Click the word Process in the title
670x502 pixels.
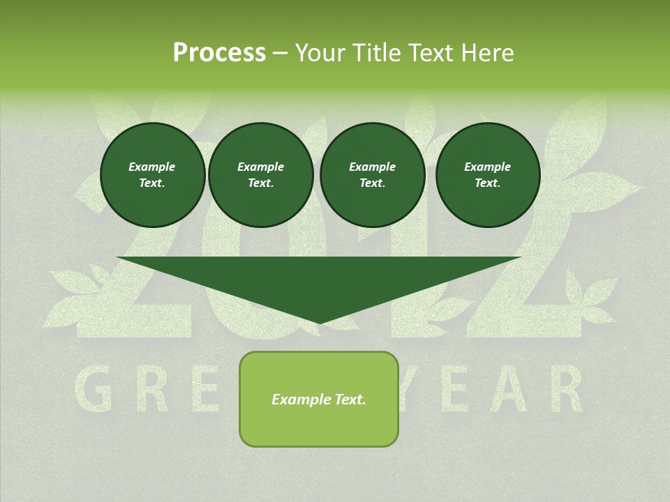click(x=219, y=53)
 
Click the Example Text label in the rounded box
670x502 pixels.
click(x=318, y=400)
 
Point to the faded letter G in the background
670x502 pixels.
click(x=92, y=391)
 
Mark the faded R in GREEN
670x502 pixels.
click(x=149, y=391)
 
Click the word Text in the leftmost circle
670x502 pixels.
click(x=151, y=183)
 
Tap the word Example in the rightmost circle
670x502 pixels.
click(x=487, y=167)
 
